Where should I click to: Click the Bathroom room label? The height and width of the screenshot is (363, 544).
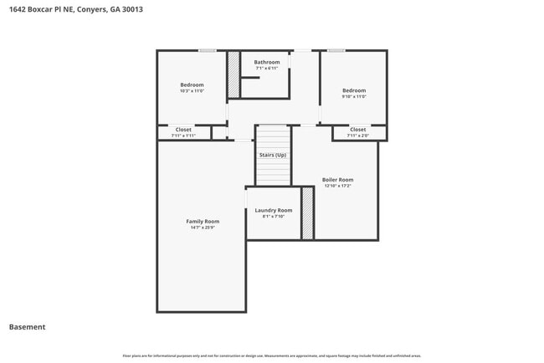pos(267,62)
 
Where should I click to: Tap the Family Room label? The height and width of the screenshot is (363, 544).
pos(202,221)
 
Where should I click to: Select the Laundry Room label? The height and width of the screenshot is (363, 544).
pos(273,210)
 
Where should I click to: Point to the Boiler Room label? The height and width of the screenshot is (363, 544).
pos(337,180)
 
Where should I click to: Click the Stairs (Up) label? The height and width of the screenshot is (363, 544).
pos(272,155)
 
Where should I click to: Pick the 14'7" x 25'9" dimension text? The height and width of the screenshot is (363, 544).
pos(202,228)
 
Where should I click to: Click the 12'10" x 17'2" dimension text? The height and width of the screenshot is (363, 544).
pos(337,186)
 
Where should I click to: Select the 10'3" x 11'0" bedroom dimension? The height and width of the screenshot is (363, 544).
pos(192,91)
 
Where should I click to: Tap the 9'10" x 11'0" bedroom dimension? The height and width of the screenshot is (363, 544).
pos(354,96)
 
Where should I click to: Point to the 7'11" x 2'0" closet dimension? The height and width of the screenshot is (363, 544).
pos(357,135)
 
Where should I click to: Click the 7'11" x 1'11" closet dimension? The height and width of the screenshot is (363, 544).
pos(183,135)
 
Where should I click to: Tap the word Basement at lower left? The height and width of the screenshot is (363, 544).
pos(28,327)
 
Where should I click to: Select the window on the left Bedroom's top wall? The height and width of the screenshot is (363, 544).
pos(207,51)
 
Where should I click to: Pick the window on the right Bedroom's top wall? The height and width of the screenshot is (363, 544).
pos(336,51)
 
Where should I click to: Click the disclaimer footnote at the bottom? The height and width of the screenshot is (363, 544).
pos(272,355)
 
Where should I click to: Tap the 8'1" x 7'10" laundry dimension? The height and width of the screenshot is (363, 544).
pos(273,216)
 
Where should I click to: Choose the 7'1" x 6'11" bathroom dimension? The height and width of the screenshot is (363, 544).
pos(267,69)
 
